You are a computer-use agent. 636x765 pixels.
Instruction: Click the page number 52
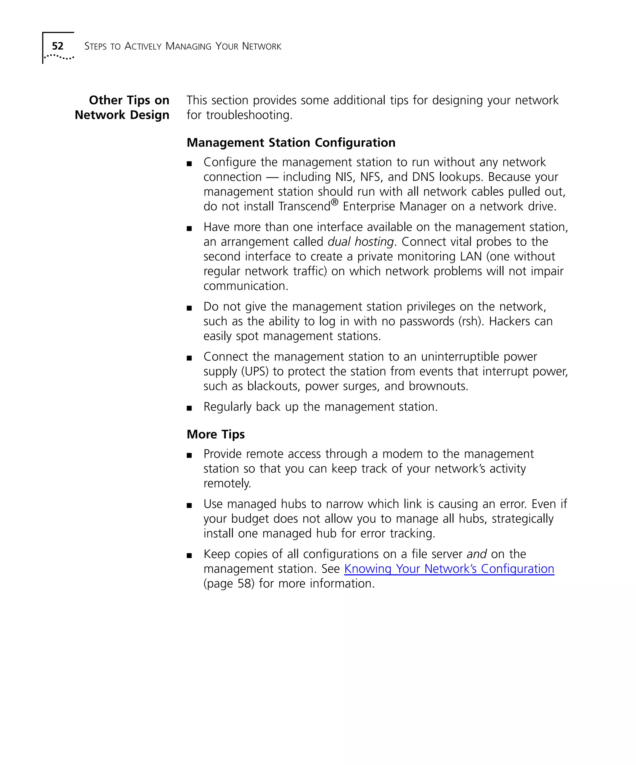pos(57,46)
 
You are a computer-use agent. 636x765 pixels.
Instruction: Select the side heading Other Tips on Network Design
pos(122,108)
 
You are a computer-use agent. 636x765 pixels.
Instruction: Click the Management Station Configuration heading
pos(291,142)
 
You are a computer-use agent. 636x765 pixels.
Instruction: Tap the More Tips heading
pos(216,434)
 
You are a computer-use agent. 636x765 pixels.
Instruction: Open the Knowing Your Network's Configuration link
pos(449,569)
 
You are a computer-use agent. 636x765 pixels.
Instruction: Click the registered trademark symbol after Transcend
pos(334,202)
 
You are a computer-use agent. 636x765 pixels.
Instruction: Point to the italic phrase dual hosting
pos(361,242)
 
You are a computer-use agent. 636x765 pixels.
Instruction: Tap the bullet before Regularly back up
pos(189,408)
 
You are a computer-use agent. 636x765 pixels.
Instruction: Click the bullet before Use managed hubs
pos(189,506)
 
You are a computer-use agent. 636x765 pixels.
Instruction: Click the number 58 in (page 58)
pos(244,584)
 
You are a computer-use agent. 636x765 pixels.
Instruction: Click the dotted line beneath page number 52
pos(59,57)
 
